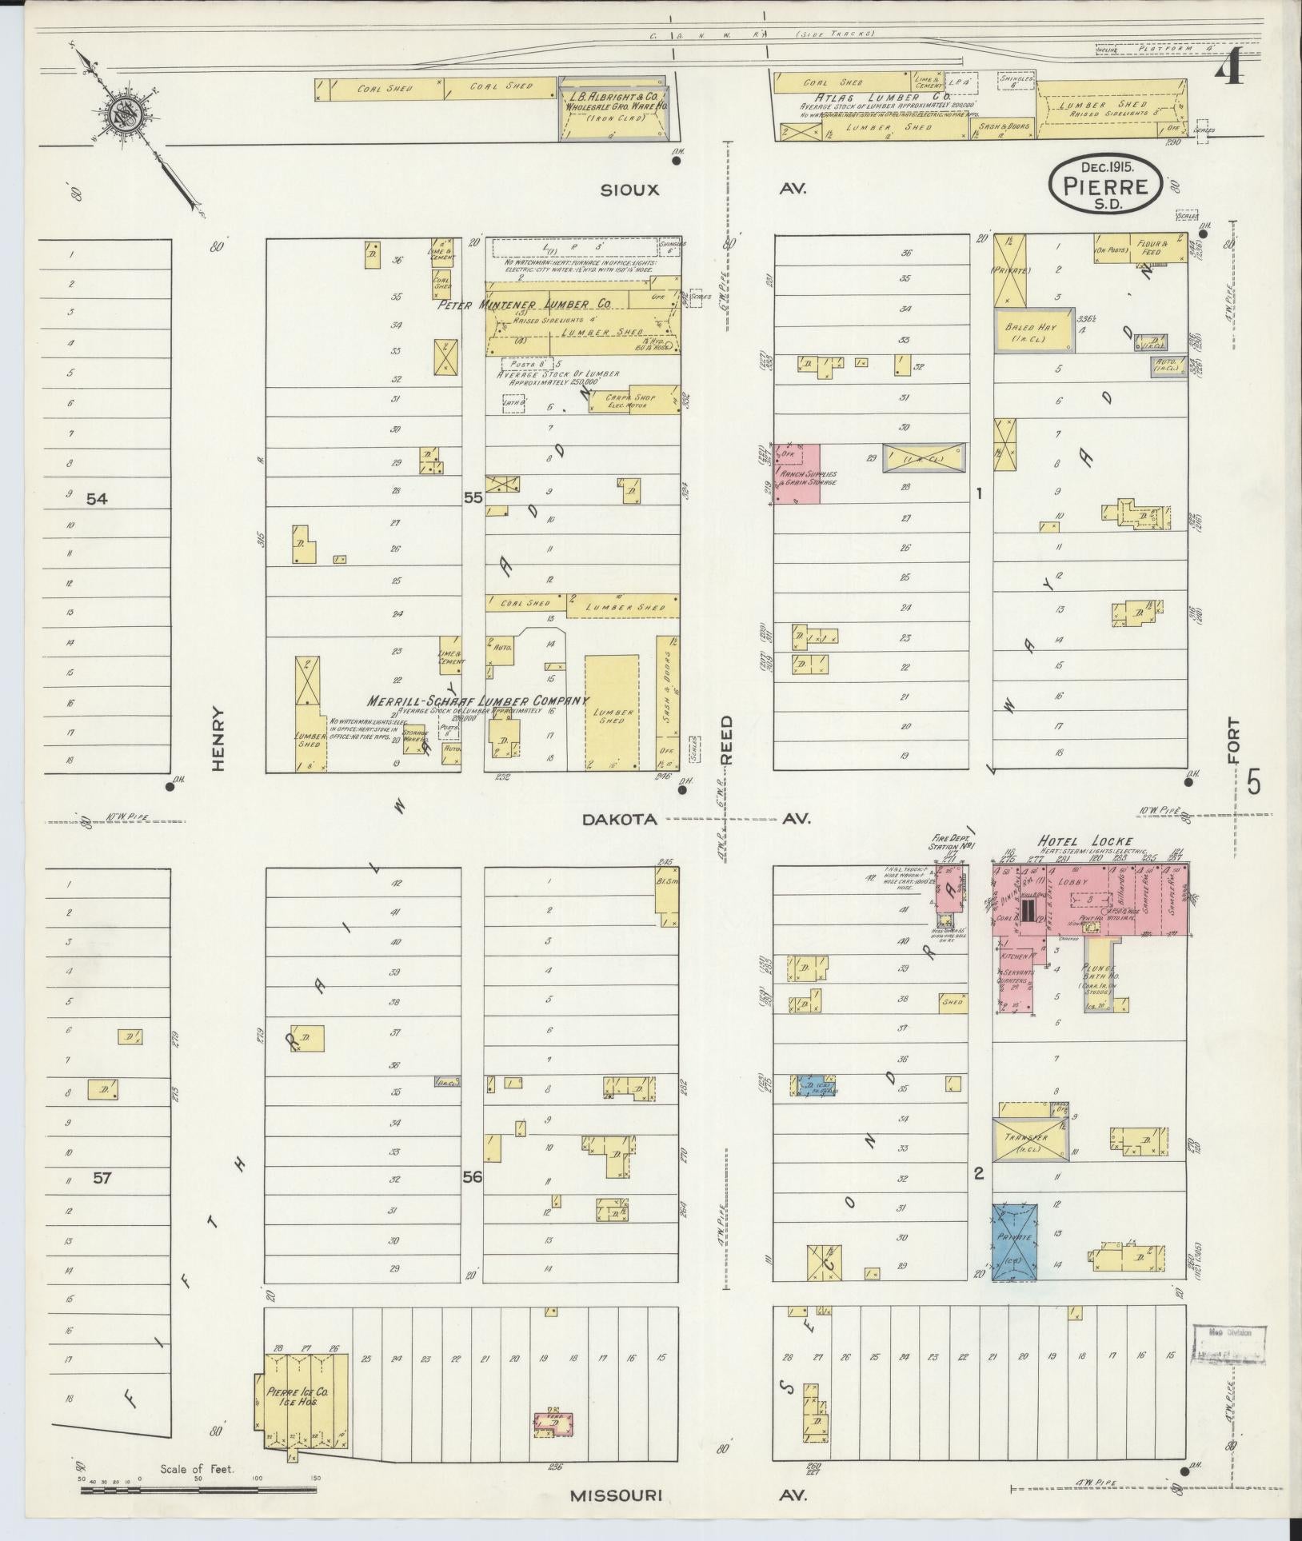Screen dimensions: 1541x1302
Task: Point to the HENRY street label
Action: click(x=218, y=738)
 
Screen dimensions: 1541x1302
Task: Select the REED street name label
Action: click(x=728, y=739)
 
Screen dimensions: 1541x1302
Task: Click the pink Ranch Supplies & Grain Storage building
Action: click(x=796, y=474)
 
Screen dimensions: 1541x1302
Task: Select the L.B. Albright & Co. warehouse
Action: click(x=612, y=110)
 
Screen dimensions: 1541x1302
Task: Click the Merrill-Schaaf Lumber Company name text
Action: click(x=477, y=701)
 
